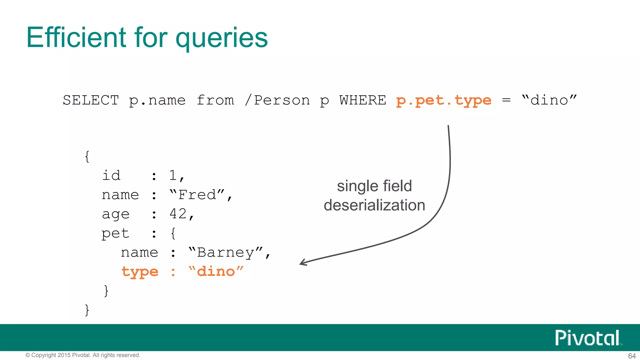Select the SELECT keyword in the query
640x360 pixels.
click(x=91, y=100)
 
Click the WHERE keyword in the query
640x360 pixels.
click(x=362, y=100)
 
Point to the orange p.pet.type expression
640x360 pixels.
click(x=443, y=100)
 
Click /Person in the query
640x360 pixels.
click(x=277, y=100)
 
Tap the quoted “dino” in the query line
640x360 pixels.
click(x=549, y=100)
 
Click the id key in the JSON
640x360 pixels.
click(x=111, y=176)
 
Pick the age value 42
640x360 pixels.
click(x=178, y=214)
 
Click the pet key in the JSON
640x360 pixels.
click(x=115, y=233)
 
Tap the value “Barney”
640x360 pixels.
click(x=226, y=252)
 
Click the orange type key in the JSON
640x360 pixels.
click(x=140, y=272)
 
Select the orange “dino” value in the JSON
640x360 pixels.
click(x=216, y=272)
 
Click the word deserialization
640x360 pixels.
click(x=374, y=205)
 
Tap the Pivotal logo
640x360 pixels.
click(x=587, y=338)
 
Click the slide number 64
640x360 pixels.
click(x=632, y=356)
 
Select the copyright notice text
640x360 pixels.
click(x=83, y=355)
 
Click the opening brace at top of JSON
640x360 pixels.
click(x=87, y=157)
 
